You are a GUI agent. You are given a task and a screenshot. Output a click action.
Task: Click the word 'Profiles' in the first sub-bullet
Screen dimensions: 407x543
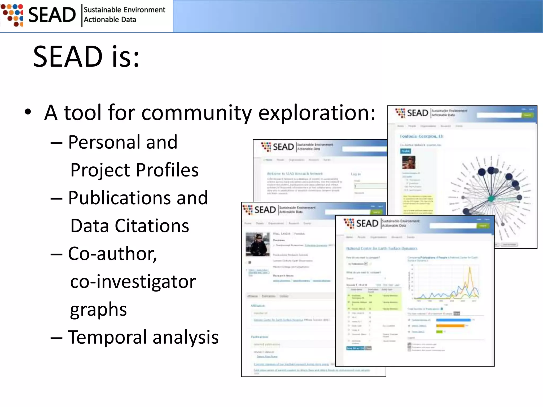point(168,170)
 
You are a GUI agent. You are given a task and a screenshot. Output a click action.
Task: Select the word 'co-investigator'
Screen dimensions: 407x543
point(133,281)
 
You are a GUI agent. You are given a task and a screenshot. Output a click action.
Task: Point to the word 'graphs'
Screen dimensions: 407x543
point(98,309)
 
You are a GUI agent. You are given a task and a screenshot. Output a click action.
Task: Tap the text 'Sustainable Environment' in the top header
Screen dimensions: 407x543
point(124,10)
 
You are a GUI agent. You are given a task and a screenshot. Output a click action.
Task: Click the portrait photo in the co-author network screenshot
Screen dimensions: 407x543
point(409,162)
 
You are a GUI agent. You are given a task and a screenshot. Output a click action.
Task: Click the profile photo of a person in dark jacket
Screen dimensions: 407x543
point(257,244)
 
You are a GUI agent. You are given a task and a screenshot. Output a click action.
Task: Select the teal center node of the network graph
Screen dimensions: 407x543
point(491,198)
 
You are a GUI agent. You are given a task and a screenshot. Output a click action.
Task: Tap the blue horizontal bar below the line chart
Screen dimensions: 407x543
point(453,320)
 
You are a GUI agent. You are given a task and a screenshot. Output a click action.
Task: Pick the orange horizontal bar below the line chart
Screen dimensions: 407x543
point(450,326)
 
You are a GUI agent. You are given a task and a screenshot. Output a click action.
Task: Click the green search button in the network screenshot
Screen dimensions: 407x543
point(527,115)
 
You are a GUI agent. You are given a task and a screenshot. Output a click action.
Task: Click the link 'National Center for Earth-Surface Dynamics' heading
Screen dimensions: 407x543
point(382,249)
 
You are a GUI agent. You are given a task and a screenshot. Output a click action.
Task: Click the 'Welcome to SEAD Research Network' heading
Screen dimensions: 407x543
point(295,174)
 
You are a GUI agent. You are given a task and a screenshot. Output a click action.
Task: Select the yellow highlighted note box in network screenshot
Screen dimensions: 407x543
point(418,204)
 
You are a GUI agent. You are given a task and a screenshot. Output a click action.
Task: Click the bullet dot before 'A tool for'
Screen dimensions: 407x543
point(28,112)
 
